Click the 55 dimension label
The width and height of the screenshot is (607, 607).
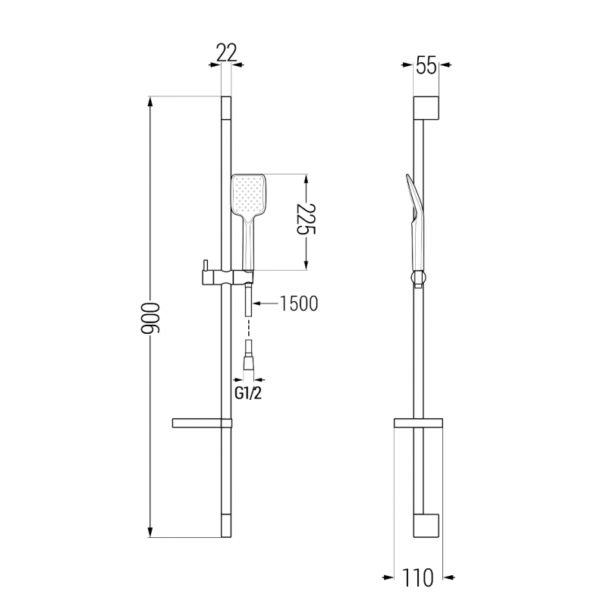pos(426,66)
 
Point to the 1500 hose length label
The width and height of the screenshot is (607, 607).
pos(298,303)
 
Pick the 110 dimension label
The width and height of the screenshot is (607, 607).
pos(419,579)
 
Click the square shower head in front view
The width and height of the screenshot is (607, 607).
pos(248,195)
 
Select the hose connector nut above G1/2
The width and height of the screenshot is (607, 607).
pos(248,363)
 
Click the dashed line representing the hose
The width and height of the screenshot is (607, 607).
pos(248,329)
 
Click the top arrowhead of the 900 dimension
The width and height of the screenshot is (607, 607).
pos(150,102)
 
